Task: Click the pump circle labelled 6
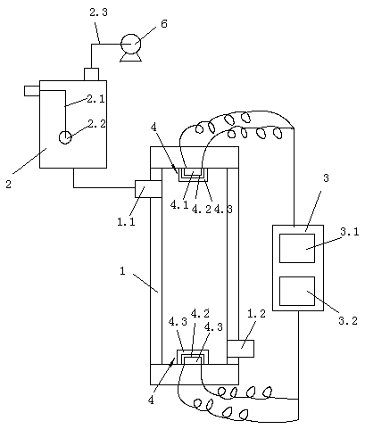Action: (130, 44)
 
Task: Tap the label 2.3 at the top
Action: (98, 12)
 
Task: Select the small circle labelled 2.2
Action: (65, 137)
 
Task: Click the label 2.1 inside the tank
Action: (95, 99)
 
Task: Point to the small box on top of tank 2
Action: (91, 74)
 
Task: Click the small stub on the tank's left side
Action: (32, 91)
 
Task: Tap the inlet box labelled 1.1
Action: (148, 189)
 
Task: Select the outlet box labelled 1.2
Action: (240, 349)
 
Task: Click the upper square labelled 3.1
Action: (297, 248)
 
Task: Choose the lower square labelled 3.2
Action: (297, 291)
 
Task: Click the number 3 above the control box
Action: (327, 178)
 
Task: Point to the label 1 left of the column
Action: (122, 271)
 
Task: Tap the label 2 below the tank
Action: (9, 184)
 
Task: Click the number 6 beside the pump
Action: (164, 23)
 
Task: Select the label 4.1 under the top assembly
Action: (179, 205)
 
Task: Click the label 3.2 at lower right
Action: (348, 321)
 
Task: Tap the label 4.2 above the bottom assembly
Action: (200, 313)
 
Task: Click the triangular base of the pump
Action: (130, 58)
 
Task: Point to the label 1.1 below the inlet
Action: (126, 221)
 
